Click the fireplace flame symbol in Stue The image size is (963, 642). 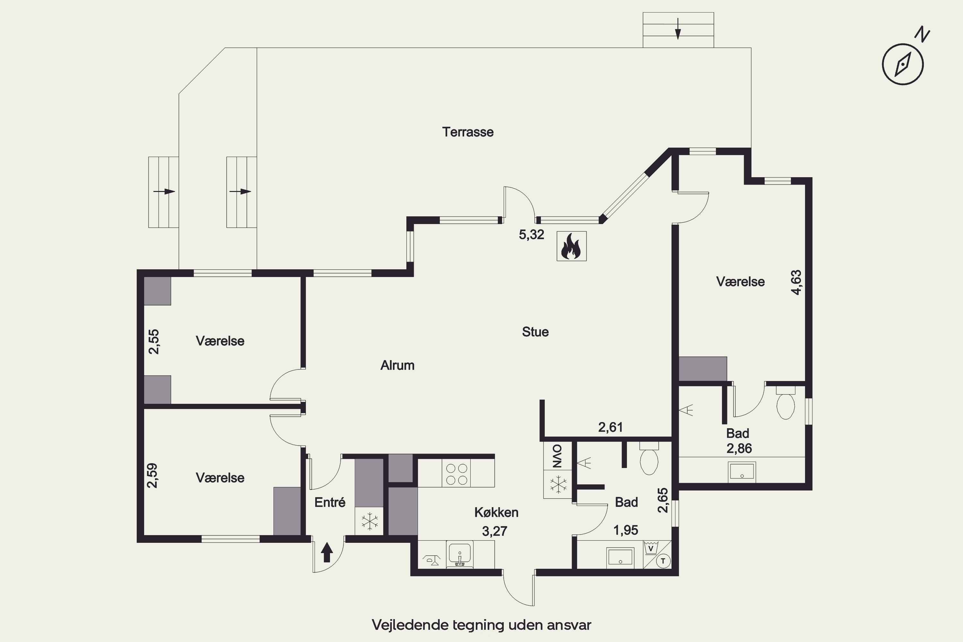click(x=572, y=246)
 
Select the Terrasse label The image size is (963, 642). click(x=468, y=132)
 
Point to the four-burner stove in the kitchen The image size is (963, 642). click(x=456, y=474)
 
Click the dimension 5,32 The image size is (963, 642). click(x=532, y=235)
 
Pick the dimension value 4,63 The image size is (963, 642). click(x=796, y=282)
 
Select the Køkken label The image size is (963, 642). click(x=496, y=512)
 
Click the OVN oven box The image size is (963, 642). click(x=558, y=456)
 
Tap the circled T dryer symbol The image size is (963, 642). click(x=663, y=561)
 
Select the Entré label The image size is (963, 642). click(x=330, y=502)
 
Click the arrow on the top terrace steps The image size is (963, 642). click(x=678, y=29)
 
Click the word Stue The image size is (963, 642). click(x=535, y=332)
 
